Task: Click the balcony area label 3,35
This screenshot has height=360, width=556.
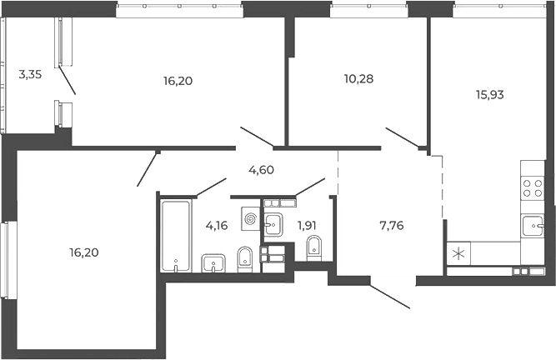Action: point(30,73)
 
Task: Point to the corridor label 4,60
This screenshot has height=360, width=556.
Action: point(262,170)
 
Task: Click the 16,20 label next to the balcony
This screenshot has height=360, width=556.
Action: point(179,82)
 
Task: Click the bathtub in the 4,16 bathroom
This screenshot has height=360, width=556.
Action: point(176,236)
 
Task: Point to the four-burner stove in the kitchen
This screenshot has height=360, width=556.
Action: point(533,188)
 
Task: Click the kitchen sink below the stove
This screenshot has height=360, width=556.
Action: point(533,226)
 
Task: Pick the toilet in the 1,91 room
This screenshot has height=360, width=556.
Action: point(314,247)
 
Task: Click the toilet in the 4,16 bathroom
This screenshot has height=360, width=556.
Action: point(246,258)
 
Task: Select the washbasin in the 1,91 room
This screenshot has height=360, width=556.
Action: point(273,222)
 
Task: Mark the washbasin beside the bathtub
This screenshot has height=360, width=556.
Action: point(214,264)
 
